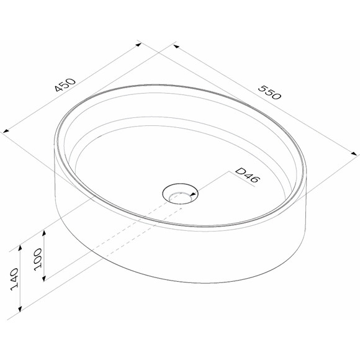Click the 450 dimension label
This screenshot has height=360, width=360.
click(65, 85)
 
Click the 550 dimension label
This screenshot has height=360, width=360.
click(269, 92)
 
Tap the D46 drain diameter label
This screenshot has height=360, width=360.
click(248, 176)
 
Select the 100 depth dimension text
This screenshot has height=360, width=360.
click(38, 259)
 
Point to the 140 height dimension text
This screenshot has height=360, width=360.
click(14, 279)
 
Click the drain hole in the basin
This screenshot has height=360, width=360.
click(180, 193)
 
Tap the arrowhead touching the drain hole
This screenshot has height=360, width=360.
click(194, 195)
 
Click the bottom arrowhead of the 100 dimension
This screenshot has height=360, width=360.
click(44, 278)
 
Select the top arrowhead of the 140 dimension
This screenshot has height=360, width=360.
click(20, 248)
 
